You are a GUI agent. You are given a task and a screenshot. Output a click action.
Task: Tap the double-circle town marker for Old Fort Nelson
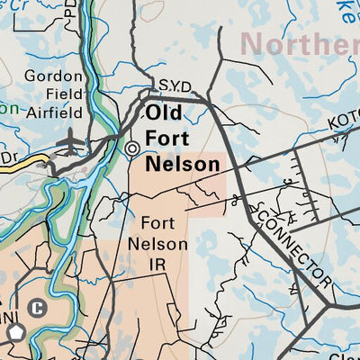tap(133, 148)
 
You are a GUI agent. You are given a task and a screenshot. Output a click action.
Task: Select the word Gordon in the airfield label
tap(54, 76)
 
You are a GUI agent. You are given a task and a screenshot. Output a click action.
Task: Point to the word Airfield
tap(53, 112)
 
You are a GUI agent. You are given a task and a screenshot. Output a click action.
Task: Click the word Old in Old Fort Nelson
tap(164, 114)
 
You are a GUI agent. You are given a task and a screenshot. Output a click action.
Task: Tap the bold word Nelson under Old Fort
tap(183, 164)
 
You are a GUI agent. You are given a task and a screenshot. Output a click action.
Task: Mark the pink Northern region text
tap(301, 43)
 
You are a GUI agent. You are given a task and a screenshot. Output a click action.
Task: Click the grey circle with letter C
tap(37, 308)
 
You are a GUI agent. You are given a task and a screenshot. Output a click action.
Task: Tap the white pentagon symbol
tap(15, 334)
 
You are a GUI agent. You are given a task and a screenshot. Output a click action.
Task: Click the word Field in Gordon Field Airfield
tap(54, 94)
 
